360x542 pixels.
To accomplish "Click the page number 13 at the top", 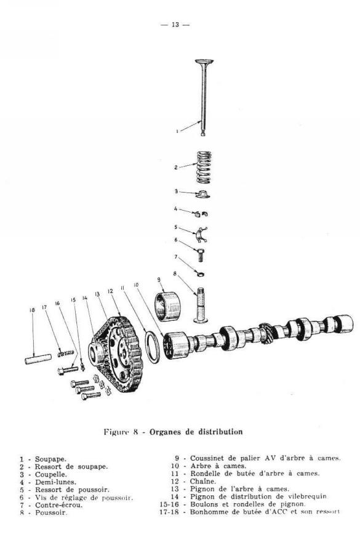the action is [x=175, y=25].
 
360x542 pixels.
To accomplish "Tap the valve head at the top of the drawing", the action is [x=204, y=62].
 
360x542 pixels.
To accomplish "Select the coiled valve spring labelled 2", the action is [x=204, y=167].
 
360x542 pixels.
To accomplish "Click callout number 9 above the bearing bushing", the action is [x=159, y=279].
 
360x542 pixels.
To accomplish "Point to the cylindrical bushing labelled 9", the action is [x=167, y=306].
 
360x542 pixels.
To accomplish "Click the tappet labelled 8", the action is [x=201, y=305].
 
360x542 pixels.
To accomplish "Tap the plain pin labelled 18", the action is [x=38, y=358].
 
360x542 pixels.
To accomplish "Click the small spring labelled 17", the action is [x=66, y=354].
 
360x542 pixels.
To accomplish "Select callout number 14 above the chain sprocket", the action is [x=85, y=298].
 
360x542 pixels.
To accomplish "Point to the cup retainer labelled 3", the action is [x=202, y=195].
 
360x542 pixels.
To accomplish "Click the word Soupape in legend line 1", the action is [x=50, y=459].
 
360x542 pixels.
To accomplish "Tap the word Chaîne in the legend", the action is [x=203, y=481].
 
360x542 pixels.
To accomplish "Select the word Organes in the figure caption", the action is [x=165, y=432].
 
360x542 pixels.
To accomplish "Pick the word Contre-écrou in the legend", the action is [x=58, y=504].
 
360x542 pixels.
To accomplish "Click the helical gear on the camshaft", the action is [x=266, y=333].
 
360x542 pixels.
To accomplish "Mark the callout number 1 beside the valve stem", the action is [x=177, y=131].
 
